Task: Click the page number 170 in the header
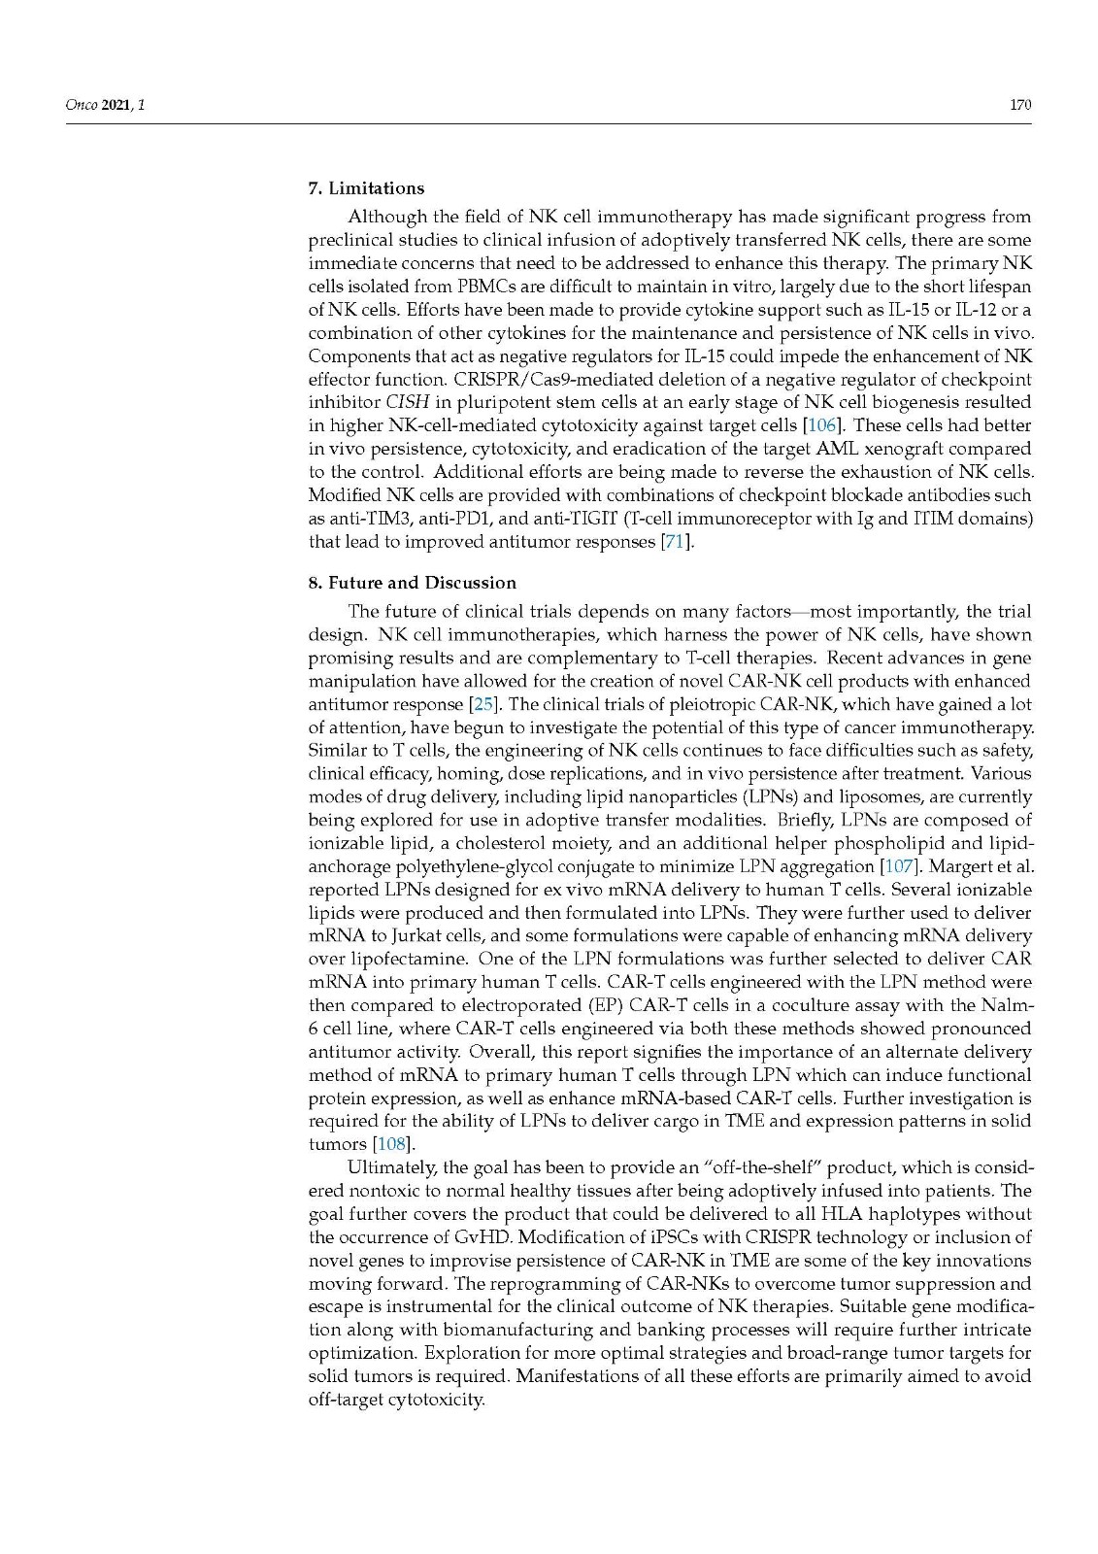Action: (1019, 105)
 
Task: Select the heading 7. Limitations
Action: (366, 188)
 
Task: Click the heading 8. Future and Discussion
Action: (412, 583)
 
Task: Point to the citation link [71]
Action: (677, 542)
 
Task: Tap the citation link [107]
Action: (900, 866)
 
